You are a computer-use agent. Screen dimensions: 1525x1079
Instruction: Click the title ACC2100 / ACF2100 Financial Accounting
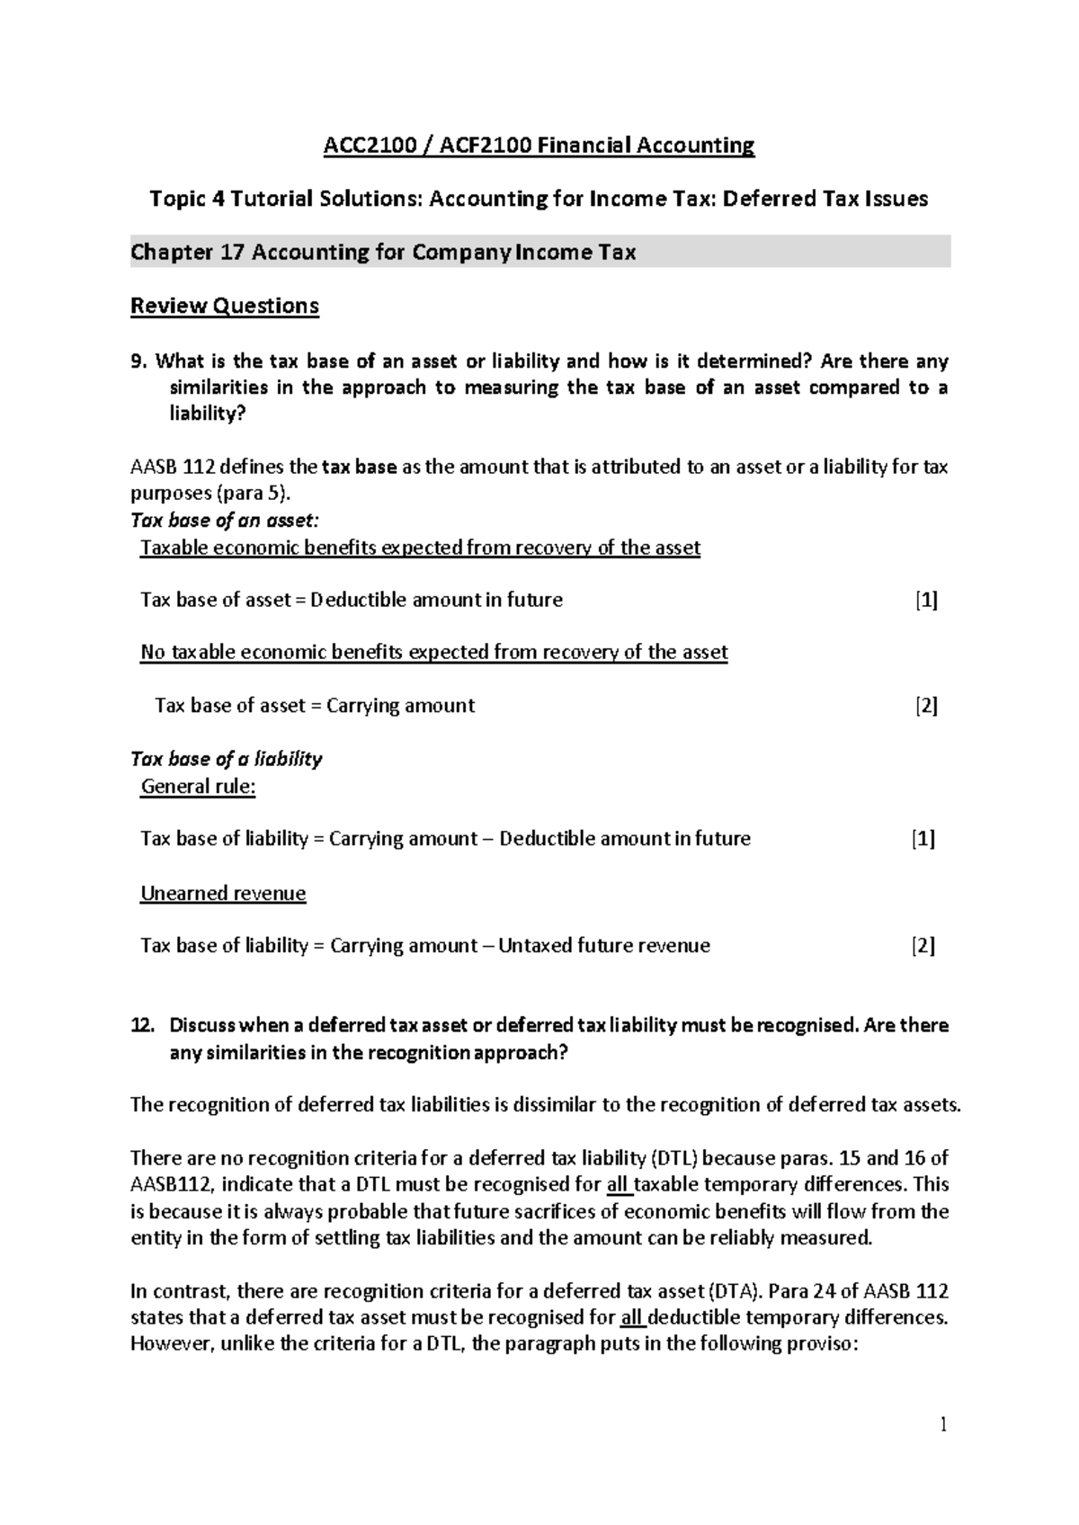539,145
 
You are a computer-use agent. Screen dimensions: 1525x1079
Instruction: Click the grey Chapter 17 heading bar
539,253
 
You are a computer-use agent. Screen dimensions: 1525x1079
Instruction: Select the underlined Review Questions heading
225,306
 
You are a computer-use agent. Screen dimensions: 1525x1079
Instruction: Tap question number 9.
137,361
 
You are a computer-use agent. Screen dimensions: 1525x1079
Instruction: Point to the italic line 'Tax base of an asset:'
225,521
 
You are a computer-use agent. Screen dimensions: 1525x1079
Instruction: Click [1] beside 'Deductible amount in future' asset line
926,600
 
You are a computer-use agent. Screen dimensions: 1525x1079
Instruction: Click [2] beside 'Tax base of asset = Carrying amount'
926,706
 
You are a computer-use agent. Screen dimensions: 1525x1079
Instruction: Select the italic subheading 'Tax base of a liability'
227,759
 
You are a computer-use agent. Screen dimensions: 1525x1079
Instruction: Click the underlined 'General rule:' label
198,787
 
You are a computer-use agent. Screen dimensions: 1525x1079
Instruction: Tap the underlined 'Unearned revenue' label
223,893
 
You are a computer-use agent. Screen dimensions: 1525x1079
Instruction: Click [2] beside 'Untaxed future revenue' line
923,946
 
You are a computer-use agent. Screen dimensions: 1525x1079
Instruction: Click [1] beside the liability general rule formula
923,839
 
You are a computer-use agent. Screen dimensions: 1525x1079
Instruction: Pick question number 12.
142,1025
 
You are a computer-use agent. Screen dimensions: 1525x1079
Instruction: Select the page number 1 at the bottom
943,1424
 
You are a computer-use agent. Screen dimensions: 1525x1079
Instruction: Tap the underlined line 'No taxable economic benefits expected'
433,653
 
